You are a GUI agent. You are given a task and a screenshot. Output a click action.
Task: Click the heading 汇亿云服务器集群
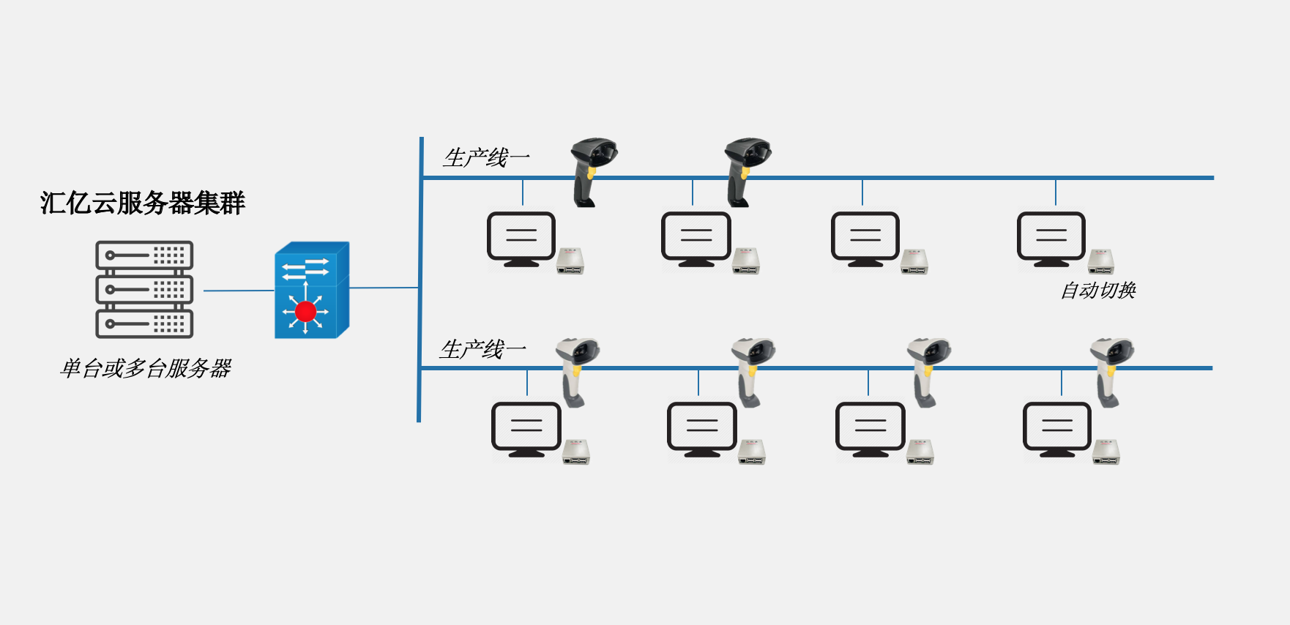pos(142,203)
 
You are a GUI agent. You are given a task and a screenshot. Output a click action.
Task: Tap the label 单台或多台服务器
pos(146,368)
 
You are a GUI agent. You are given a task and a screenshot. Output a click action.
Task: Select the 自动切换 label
pos(1098,291)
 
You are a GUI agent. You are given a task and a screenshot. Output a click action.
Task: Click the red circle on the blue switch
pos(305,312)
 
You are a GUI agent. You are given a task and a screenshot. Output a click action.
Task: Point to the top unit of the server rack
pos(144,255)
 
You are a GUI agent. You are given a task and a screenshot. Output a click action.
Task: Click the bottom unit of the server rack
pos(144,323)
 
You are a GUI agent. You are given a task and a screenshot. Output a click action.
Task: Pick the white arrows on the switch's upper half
pos(306,268)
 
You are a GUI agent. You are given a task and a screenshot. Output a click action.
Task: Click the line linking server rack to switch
pos(238,291)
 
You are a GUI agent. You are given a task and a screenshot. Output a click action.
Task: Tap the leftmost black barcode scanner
pos(591,171)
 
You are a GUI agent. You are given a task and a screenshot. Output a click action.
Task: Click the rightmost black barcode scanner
pos(745,171)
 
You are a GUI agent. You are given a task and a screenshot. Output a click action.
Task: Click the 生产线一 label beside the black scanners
pos(486,158)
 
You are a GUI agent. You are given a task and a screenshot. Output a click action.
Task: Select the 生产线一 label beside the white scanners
pos(482,350)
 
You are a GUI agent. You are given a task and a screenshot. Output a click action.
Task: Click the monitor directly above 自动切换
pos(1051,238)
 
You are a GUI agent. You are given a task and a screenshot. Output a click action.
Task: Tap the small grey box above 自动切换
pos(1100,261)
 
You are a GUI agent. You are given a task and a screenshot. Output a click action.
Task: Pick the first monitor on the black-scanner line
pos(521,238)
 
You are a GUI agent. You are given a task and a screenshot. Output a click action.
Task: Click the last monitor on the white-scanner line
pos(1056,428)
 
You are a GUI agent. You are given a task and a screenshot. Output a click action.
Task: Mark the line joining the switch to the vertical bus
pos(384,288)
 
